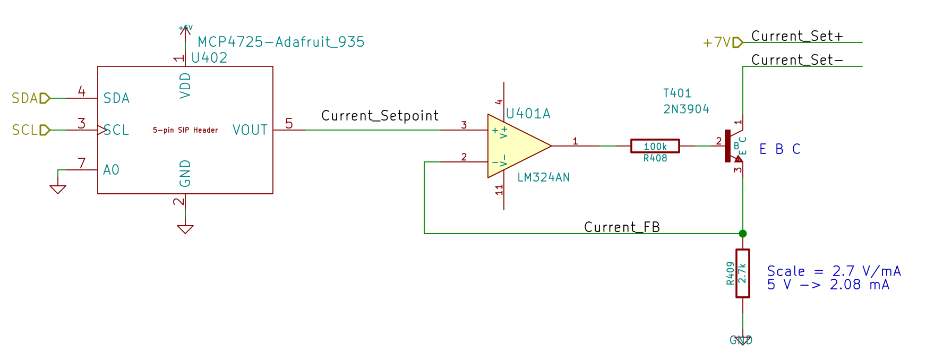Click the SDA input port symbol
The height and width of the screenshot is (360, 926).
pyautogui.click(x=45, y=98)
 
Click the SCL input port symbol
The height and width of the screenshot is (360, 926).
pyautogui.click(x=45, y=130)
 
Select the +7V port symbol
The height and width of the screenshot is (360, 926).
pyautogui.click(x=738, y=42)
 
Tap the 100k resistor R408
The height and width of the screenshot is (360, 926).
pyautogui.click(x=655, y=146)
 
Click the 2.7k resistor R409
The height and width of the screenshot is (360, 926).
pyautogui.click(x=742, y=273)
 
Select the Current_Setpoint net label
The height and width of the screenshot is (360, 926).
pyautogui.click(x=380, y=116)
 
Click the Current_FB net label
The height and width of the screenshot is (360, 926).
pyautogui.click(x=622, y=227)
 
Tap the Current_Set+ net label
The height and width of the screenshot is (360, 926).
pyautogui.click(x=797, y=36)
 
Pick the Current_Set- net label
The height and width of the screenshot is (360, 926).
pyautogui.click(x=797, y=60)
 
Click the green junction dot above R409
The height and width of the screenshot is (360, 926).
pyautogui.click(x=742, y=234)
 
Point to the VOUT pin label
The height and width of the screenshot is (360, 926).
pyautogui.click(x=250, y=130)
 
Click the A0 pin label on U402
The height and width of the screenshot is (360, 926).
pyautogui.click(x=111, y=170)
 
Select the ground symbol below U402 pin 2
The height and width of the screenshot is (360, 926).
pyautogui.click(x=185, y=229)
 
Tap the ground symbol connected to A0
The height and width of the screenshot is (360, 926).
pyautogui.click(x=58, y=189)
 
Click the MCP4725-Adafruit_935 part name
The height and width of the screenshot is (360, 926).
pyautogui.click(x=281, y=42)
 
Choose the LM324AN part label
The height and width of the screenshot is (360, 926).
pyautogui.click(x=543, y=177)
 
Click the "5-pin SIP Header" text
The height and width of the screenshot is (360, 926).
pyautogui.click(x=185, y=130)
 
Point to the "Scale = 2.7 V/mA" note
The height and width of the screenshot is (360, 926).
pyautogui.click(x=834, y=271)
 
